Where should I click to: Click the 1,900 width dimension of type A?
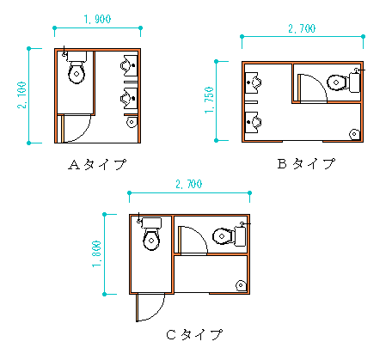97,19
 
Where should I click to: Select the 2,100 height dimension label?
21,95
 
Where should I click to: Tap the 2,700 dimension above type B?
302,28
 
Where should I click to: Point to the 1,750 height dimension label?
209,101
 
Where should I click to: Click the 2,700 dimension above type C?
189,184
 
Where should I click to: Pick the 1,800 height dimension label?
96,253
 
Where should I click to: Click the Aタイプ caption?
97,165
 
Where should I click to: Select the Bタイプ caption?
306,163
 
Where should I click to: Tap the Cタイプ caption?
194,334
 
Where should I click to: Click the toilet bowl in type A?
77,73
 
